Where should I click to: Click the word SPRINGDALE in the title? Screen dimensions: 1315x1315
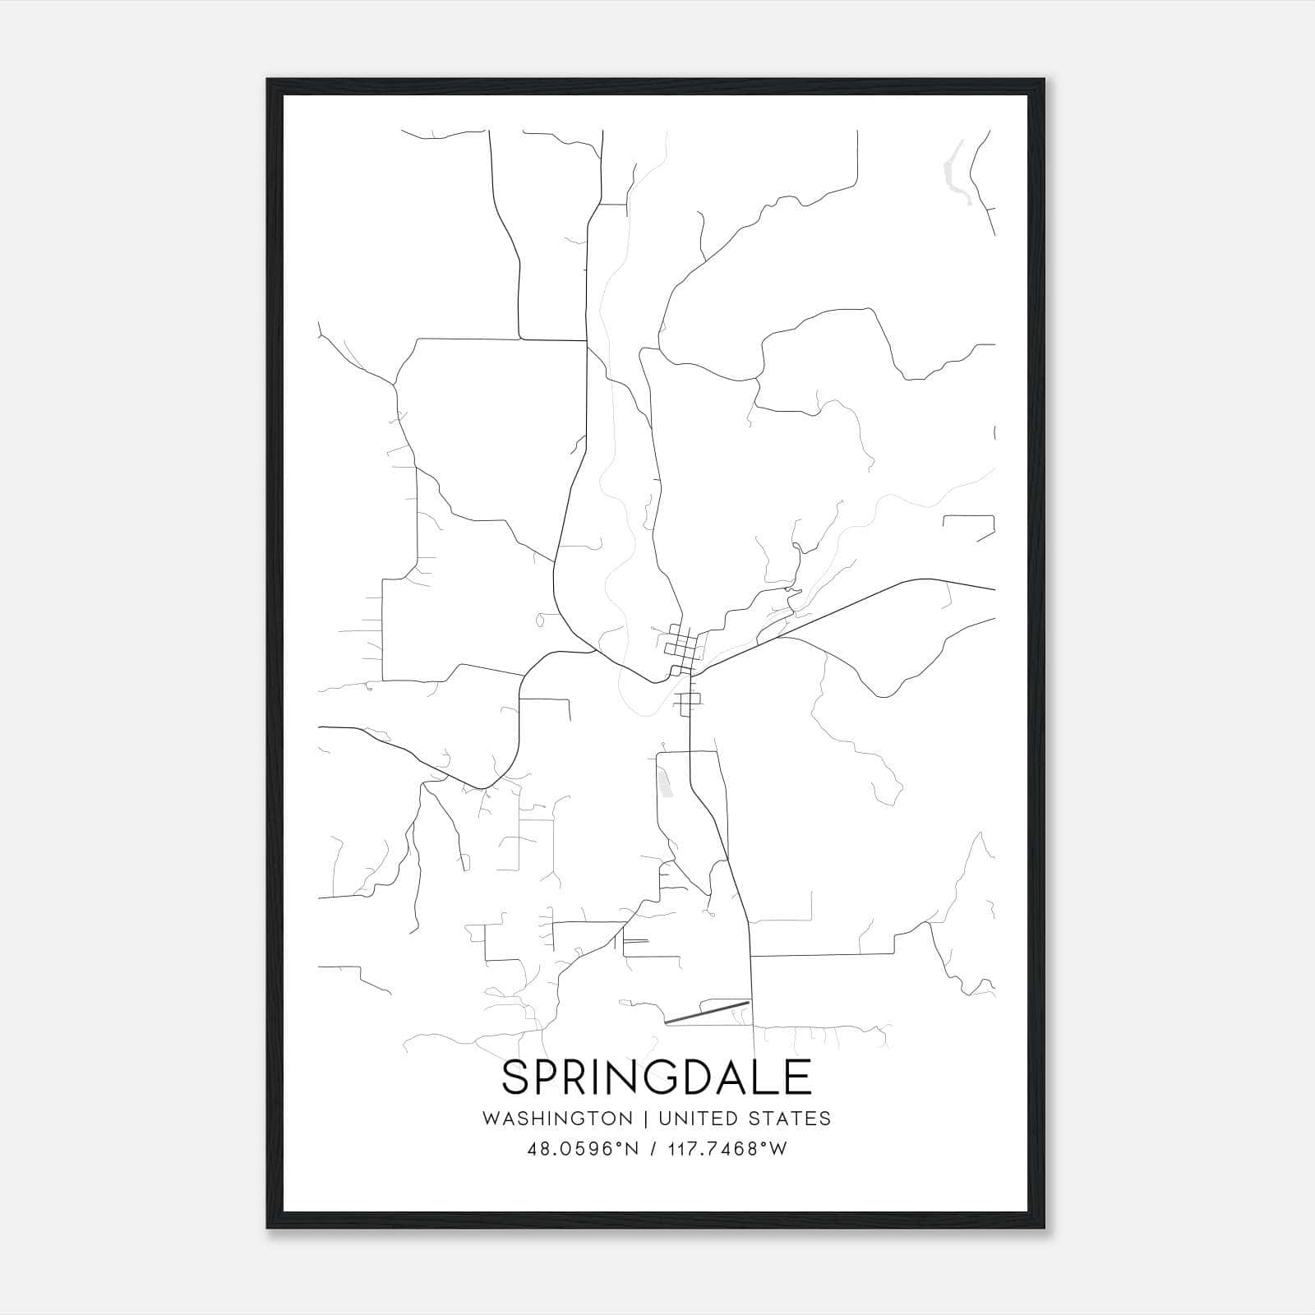point(657,1077)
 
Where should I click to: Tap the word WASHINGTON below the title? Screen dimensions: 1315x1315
point(557,1119)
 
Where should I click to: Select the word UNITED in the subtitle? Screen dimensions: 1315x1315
point(699,1119)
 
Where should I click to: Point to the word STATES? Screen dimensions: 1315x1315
point(791,1119)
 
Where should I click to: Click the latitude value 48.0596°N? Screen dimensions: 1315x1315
point(583,1149)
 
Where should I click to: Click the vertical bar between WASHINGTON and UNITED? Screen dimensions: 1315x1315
point(646,1119)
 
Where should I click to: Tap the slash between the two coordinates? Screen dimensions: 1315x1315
point(653,1149)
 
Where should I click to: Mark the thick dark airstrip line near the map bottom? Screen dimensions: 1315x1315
point(707,1012)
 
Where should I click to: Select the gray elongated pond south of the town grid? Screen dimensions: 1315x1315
point(665,782)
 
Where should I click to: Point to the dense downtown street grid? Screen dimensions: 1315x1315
point(682,645)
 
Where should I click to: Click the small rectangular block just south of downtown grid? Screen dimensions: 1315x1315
point(689,699)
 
